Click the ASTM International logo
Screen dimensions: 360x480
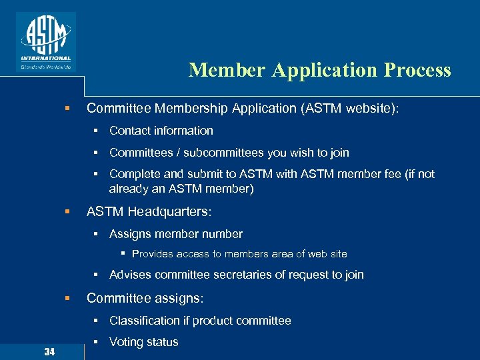[x=45, y=41]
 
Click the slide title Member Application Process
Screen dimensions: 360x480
[x=319, y=70]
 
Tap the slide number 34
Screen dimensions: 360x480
[x=49, y=351]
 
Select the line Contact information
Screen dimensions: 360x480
[x=161, y=131]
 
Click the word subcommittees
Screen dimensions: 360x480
[x=224, y=153]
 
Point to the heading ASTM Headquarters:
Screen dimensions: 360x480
[x=149, y=211]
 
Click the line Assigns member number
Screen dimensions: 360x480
[x=176, y=234]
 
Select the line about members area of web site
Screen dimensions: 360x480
[x=239, y=254]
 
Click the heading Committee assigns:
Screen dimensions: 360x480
[x=145, y=298]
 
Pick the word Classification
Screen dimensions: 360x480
[x=144, y=321]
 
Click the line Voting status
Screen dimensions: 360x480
[x=144, y=342]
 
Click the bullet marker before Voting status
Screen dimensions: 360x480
[x=97, y=342]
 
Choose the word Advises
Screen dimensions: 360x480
[x=131, y=275]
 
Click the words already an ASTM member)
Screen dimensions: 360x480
[x=181, y=189]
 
